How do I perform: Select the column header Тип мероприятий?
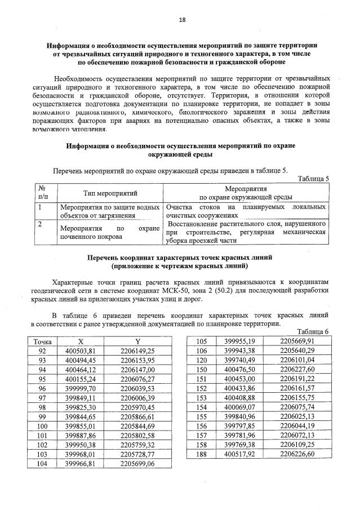tap(110, 193)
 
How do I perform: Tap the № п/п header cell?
tap(43, 193)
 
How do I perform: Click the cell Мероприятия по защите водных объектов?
tap(110, 211)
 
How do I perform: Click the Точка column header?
tap(43, 342)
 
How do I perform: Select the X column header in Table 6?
tap(81, 342)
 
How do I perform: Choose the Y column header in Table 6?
tap(137, 342)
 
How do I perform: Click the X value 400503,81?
tap(81, 351)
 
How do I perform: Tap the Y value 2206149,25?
tap(137, 351)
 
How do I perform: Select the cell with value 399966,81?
tap(81, 465)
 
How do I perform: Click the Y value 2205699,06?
tap(137, 465)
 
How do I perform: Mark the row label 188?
tap(201, 454)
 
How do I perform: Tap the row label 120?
tap(201, 360)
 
